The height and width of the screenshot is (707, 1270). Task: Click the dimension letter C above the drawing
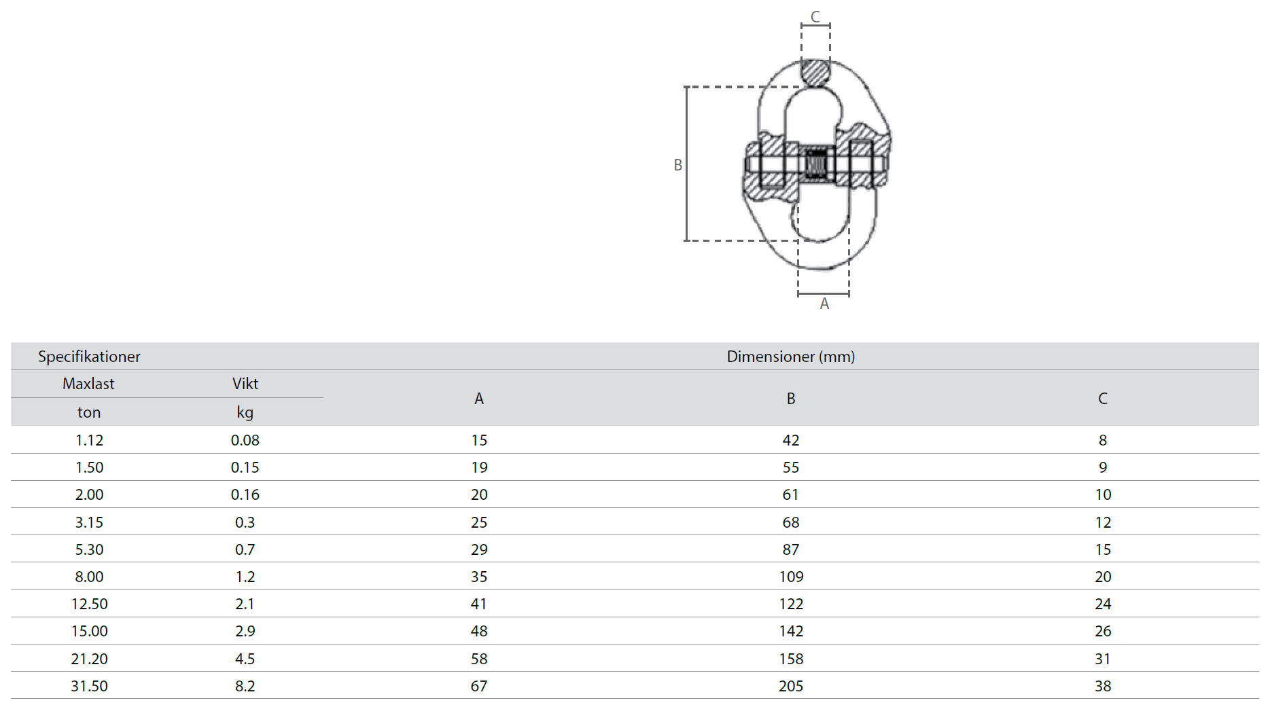coord(815,16)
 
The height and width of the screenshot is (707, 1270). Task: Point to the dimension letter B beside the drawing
coord(677,165)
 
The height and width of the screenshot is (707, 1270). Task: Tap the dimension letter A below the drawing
coord(824,304)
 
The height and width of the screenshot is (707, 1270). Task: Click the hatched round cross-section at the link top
coord(815,73)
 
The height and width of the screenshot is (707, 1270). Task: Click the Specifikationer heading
coord(89,357)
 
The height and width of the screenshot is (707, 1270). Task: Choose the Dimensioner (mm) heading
coord(791,357)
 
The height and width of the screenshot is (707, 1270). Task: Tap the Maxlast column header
coord(88,384)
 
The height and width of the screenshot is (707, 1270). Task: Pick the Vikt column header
coord(245,384)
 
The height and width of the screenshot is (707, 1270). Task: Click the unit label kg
coord(245,412)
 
